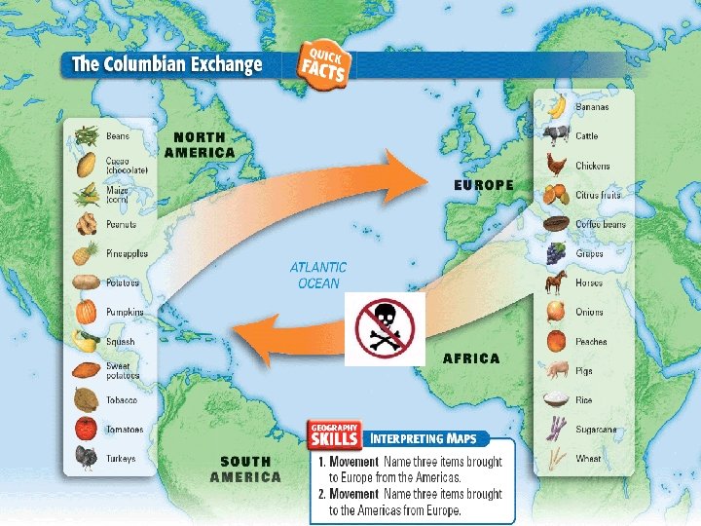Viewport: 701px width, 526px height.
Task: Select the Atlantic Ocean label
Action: click(x=317, y=275)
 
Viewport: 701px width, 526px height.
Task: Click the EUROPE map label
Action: click(x=484, y=184)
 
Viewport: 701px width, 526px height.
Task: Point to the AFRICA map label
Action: click(x=471, y=358)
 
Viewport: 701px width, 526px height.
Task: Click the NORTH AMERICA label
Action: click(x=200, y=145)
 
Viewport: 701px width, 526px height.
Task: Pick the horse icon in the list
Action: click(x=556, y=282)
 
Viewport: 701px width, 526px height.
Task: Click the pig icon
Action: click(x=556, y=370)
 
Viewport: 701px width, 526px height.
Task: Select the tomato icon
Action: click(x=87, y=429)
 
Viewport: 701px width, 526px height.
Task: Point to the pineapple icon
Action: click(x=87, y=253)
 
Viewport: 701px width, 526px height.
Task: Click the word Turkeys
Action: click(x=122, y=459)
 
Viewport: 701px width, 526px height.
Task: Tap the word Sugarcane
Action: click(x=595, y=430)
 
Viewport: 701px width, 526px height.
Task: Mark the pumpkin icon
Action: click(x=87, y=313)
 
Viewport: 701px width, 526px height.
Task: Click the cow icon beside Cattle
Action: click(x=556, y=135)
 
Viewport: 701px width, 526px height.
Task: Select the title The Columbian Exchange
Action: click(x=166, y=65)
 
